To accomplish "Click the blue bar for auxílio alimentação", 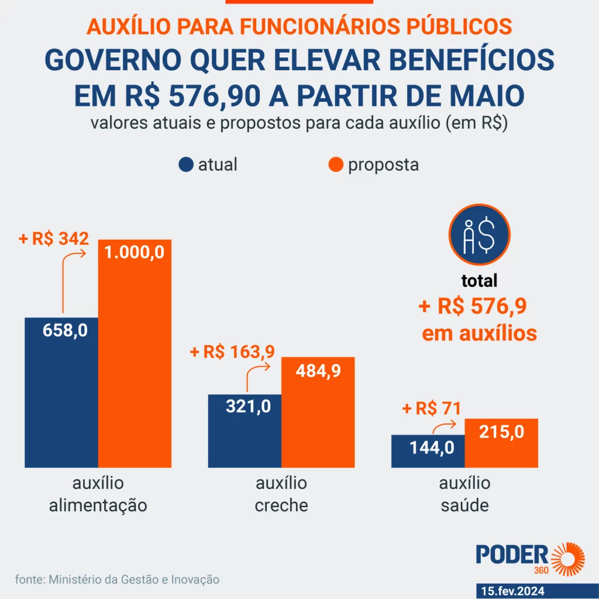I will [61, 392].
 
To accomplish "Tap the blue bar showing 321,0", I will [245, 431].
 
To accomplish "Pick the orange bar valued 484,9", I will [318, 412].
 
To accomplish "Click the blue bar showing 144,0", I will [428, 451].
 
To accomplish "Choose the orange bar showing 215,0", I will [501, 443].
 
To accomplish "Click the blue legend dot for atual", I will [186, 165].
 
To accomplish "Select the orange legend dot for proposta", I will [335, 165].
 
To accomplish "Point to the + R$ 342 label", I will [53, 239].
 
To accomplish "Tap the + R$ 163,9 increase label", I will [232, 352].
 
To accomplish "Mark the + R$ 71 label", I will [432, 408].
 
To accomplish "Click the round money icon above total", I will [479, 235].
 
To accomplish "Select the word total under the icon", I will [479, 281].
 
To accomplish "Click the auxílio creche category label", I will [281, 494].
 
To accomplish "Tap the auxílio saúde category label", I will [464, 494].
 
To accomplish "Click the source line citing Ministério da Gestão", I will [117, 580].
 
